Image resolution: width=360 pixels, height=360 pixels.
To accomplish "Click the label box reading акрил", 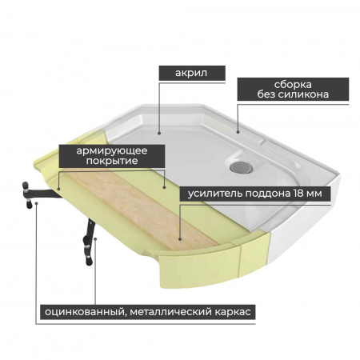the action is [192, 73].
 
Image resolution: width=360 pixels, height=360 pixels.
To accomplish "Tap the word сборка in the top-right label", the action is [293, 85].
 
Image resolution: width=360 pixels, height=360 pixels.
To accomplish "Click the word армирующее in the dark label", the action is [112, 151].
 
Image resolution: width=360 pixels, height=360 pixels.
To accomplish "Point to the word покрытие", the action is [112, 161].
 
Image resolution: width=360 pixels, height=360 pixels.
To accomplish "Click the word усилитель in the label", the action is [214, 194].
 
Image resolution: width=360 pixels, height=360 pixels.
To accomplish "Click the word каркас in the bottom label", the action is [233, 312].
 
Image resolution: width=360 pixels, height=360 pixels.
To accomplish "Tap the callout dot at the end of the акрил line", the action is [159, 133].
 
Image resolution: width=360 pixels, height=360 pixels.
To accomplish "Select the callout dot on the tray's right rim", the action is [238, 131].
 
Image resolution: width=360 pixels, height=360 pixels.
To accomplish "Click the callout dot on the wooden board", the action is [180, 239].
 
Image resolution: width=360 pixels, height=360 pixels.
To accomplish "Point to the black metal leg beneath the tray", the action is [88, 242].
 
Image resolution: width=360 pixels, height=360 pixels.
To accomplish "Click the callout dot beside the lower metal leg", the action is [95, 238].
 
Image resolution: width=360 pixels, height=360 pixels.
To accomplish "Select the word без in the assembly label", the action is [266, 94].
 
